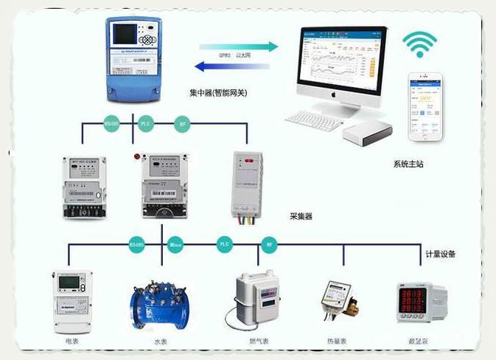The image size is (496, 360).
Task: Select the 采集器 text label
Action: tap(301, 217)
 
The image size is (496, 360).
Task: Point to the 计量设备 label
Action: tap(441, 254)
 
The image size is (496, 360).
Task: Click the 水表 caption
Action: tap(161, 342)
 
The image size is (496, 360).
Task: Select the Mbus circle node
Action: tap(175, 243)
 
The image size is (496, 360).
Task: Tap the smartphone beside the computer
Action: tap(427, 108)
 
